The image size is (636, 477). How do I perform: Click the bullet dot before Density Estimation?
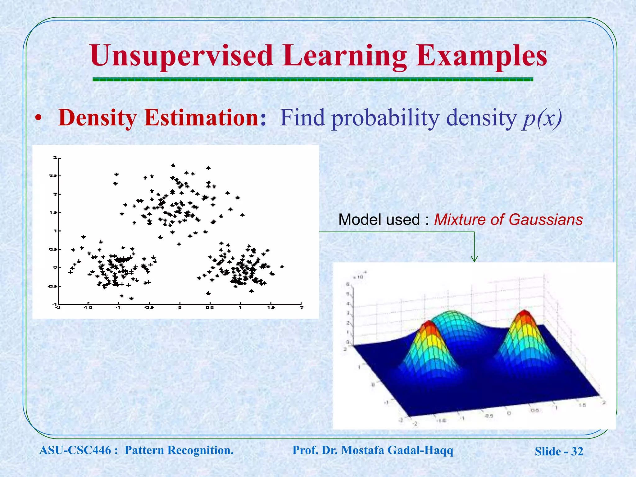click(38, 119)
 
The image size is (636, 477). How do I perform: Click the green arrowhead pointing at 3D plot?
click(474, 259)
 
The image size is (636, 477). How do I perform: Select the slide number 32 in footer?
click(577, 451)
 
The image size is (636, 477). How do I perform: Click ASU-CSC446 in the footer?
click(75, 450)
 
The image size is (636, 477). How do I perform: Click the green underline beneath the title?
click(313, 79)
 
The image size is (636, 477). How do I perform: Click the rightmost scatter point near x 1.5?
click(282, 267)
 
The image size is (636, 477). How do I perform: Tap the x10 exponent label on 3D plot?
click(359, 276)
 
